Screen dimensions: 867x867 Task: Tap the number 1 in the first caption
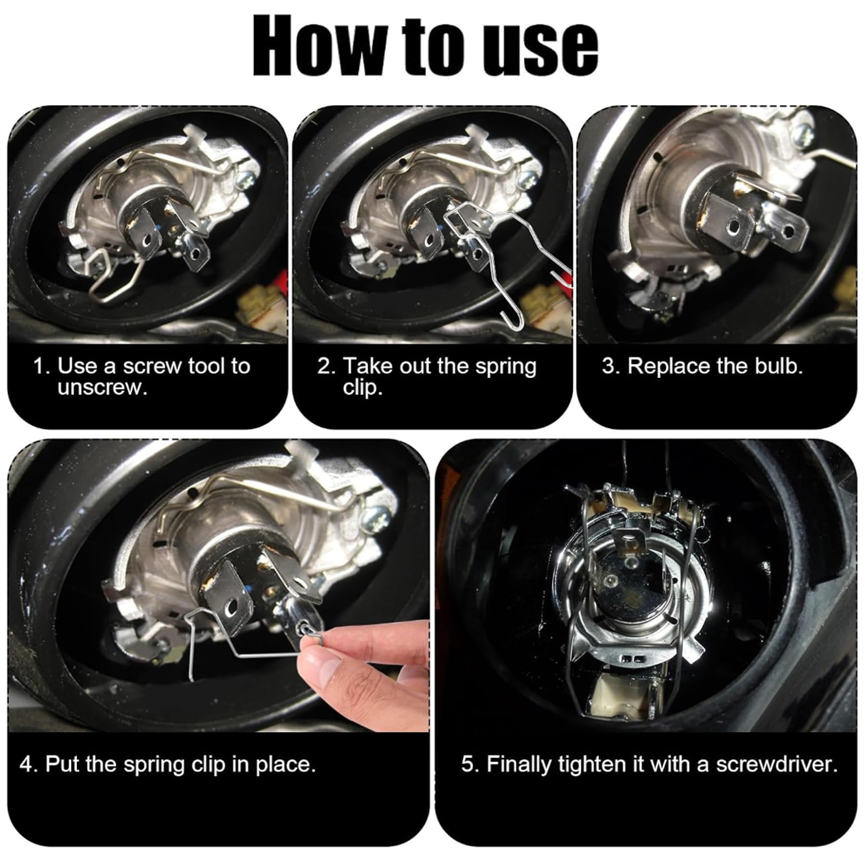pyautogui.click(x=39, y=367)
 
